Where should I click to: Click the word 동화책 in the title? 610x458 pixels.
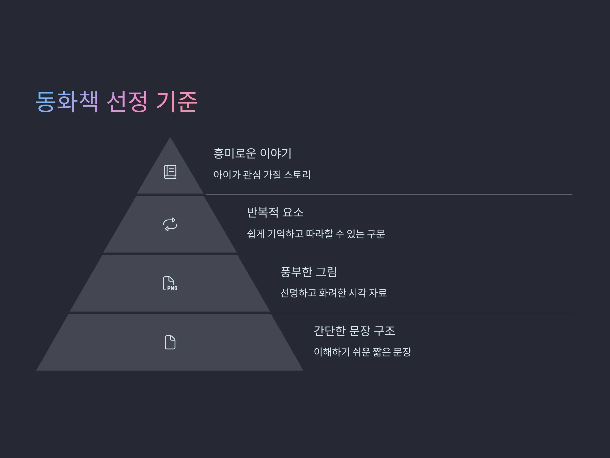(x=67, y=101)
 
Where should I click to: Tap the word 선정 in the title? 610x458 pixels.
(x=127, y=101)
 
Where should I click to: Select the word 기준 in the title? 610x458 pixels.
(x=177, y=101)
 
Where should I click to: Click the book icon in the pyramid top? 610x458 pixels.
(x=170, y=172)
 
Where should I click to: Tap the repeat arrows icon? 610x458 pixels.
(x=170, y=224)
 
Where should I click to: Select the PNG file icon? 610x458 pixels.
(x=170, y=283)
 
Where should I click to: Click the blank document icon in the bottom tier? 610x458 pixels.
(x=170, y=342)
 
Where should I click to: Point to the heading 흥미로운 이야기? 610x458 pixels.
(x=252, y=153)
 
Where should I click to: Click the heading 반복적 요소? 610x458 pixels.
(x=275, y=212)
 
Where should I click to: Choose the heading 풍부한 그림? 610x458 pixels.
(x=308, y=272)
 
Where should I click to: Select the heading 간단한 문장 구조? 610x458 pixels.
(x=354, y=331)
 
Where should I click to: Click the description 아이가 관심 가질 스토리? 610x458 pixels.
(x=262, y=175)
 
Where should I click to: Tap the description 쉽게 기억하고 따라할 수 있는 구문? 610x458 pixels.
(x=316, y=234)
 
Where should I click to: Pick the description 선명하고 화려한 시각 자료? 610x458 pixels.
(x=333, y=293)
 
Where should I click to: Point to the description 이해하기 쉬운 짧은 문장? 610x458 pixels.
(x=362, y=352)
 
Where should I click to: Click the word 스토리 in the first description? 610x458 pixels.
(x=297, y=175)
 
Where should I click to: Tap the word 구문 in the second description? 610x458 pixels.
(x=376, y=234)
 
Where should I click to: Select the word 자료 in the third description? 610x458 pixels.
(x=378, y=293)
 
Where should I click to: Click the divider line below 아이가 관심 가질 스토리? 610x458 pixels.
(x=389, y=194)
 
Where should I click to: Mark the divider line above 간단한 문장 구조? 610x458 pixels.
(x=422, y=313)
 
